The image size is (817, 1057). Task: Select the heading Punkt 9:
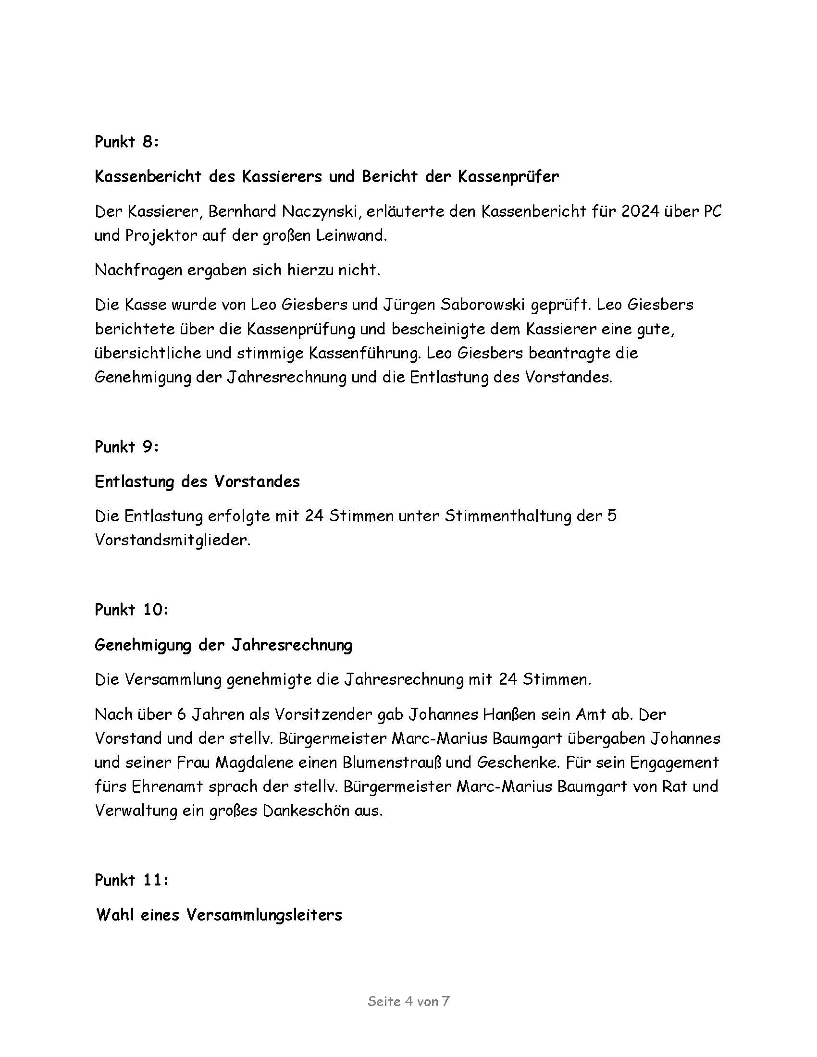(126, 446)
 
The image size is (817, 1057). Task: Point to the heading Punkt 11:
(131, 880)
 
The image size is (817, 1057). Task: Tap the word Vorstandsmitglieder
(173, 540)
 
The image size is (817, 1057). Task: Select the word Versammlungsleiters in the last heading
(264, 915)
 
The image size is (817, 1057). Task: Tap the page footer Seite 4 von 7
(408, 1001)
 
